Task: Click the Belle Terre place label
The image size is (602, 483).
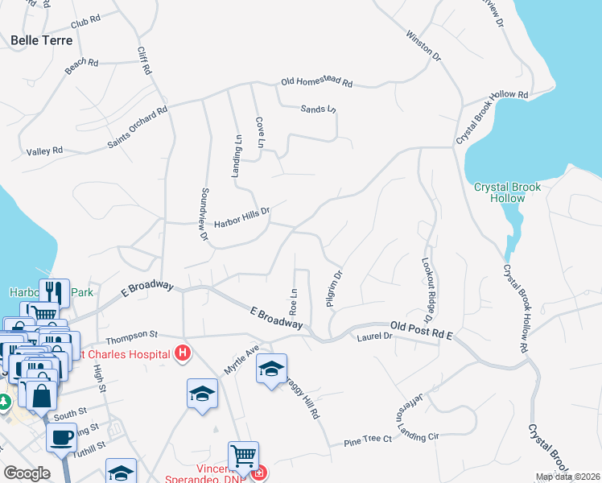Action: tap(41, 39)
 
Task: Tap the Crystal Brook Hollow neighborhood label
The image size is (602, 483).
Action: tap(507, 192)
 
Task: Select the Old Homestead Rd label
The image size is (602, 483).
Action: tap(316, 82)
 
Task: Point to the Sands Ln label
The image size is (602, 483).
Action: tap(318, 109)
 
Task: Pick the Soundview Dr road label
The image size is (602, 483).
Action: tap(204, 214)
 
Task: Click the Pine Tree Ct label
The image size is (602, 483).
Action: tap(367, 440)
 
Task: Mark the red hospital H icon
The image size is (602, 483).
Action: tap(183, 353)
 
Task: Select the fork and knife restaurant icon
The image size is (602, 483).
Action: tap(54, 291)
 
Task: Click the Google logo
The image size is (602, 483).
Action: tap(27, 473)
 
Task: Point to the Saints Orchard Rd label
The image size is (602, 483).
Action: tap(138, 129)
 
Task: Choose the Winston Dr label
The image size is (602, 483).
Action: tap(424, 47)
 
